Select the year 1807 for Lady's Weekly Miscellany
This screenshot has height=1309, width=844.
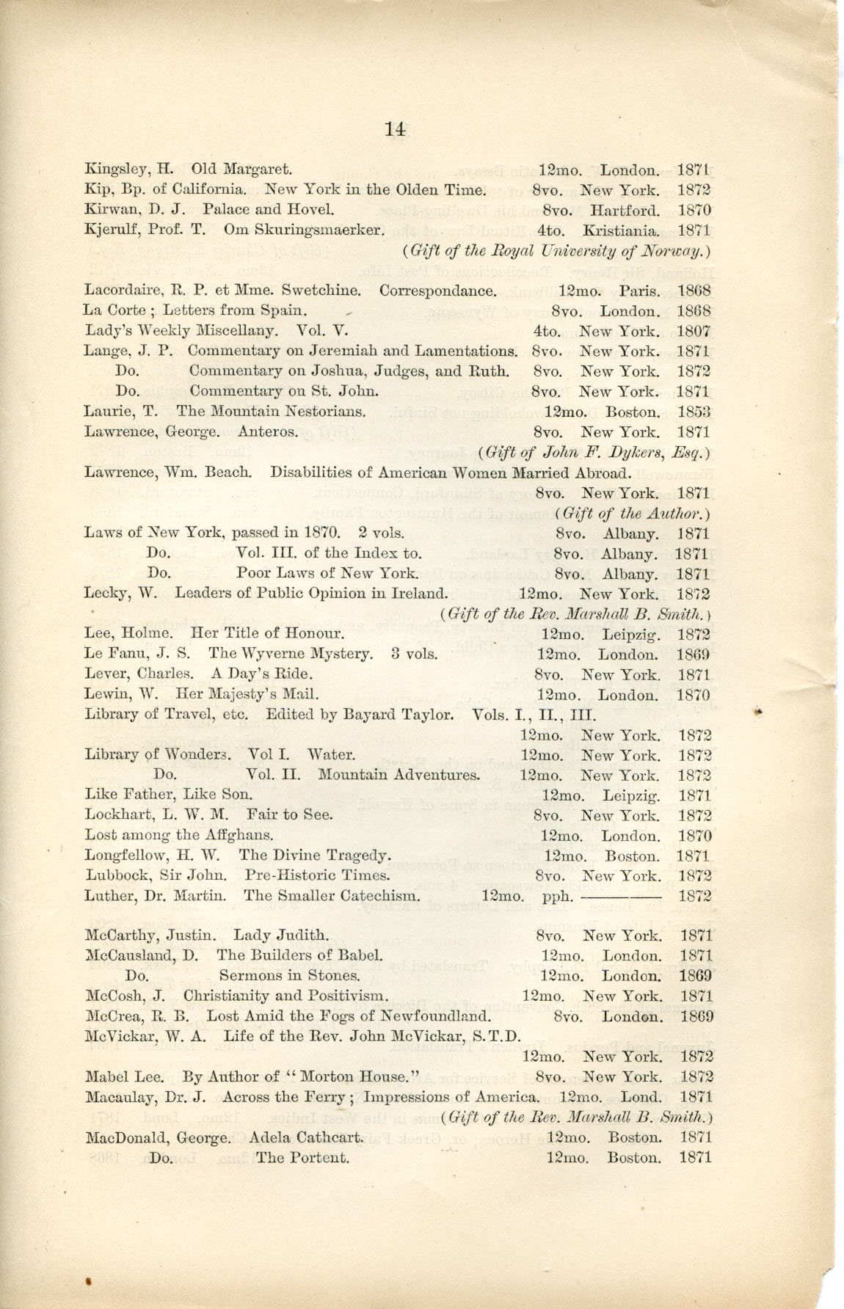(694, 331)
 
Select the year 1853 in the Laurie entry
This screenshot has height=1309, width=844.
(694, 412)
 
